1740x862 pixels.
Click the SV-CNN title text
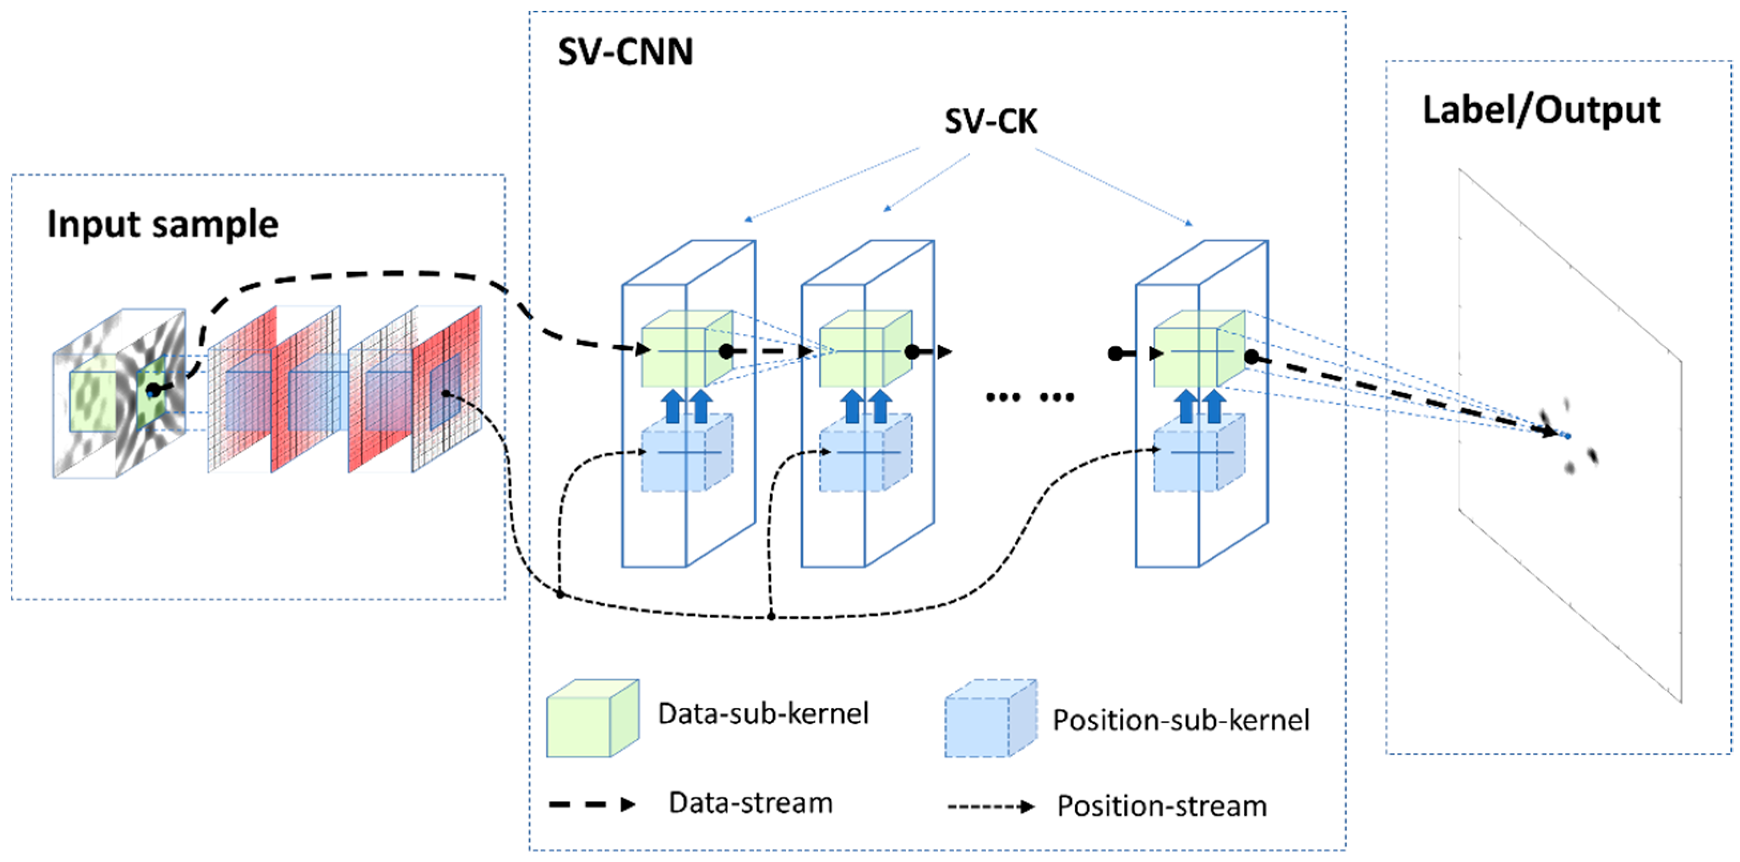(625, 52)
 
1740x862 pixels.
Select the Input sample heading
(162, 224)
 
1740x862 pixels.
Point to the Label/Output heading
(1541, 110)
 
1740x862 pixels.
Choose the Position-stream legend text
(1161, 806)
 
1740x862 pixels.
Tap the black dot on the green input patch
(154, 390)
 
